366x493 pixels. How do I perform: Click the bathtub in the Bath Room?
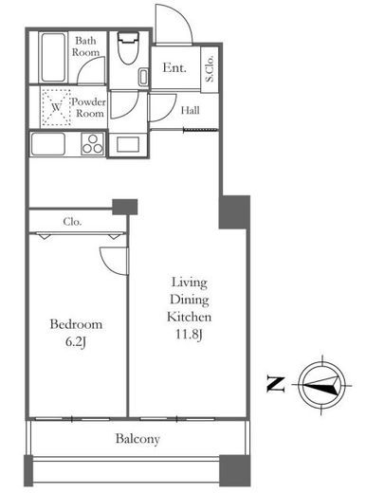point(53,57)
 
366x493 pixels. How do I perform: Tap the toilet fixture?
point(128,47)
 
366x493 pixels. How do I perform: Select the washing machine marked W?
point(56,107)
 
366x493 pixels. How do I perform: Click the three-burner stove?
point(93,144)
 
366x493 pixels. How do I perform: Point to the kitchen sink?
point(48,144)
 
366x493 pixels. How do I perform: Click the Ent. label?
point(174,67)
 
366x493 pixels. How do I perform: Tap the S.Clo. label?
point(210,69)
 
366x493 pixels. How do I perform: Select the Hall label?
point(190,110)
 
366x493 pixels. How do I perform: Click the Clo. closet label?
point(72,222)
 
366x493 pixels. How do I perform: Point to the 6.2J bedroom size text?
point(76,342)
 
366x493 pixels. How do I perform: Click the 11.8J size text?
point(189,335)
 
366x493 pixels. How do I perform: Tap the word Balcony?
point(137,439)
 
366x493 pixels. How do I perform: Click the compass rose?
point(321,385)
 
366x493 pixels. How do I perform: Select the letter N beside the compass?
point(276,384)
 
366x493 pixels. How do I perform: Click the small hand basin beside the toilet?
point(143,77)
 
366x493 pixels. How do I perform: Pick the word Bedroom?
point(76,324)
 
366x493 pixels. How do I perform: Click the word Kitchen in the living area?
point(189,317)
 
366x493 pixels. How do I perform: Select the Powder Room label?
point(88,107)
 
